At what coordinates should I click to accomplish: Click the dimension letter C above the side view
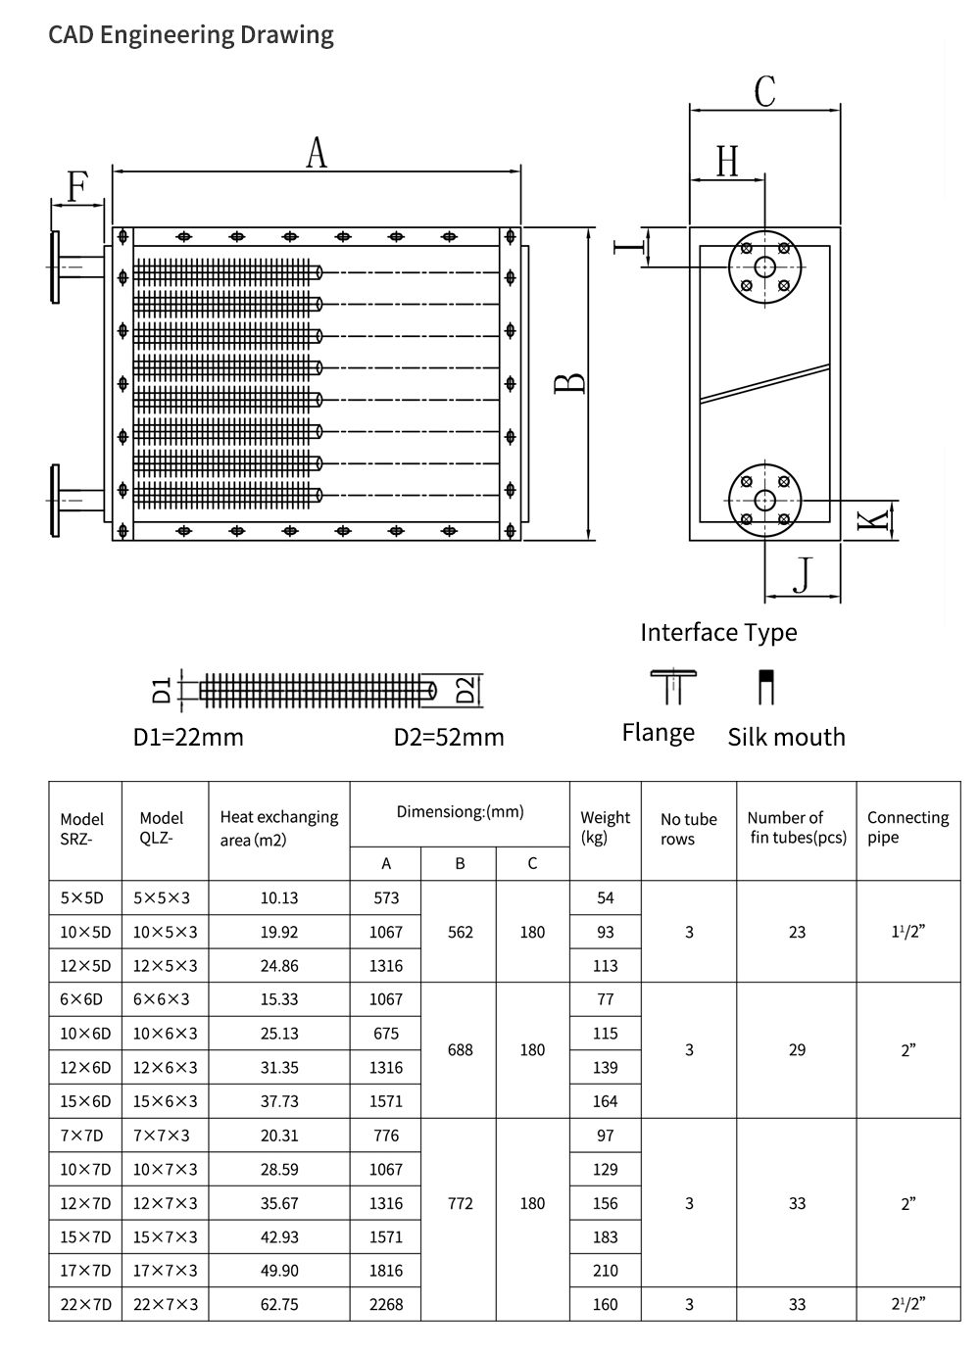tap(764, 92)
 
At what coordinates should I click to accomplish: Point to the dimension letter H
tap(727, 162)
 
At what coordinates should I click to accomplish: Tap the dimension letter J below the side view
tap(803, 575)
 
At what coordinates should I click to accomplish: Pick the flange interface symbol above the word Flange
tap(673, 687)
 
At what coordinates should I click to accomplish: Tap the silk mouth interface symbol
tap(766, 687)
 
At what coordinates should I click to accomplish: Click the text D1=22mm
tap(188, 738)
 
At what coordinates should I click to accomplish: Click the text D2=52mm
tap(449, 738)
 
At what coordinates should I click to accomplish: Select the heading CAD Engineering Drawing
tap(190, 35)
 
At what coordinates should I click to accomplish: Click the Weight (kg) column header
tap(605, 828)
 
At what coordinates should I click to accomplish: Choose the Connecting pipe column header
tap(907, 827)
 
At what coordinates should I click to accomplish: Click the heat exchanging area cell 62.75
tap(279, 1304)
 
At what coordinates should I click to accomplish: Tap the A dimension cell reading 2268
tap(386, 1304)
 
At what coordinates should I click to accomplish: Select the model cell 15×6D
tap(85, 1101)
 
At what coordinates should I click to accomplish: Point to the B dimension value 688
tap(460, 1050)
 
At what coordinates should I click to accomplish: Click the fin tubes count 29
tap(797, 1050)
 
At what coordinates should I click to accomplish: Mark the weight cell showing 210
tap(606, 1271)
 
